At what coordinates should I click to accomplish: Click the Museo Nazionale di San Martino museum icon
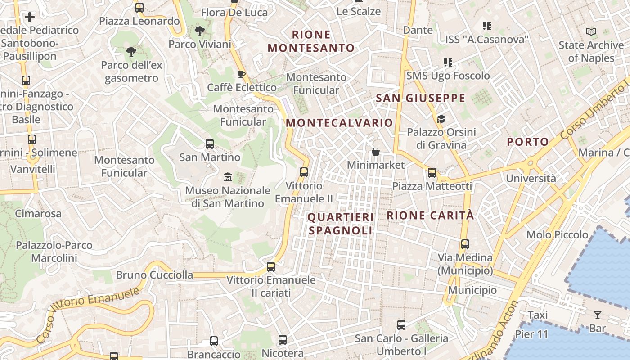(227, 177)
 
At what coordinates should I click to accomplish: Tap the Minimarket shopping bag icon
(376, 152)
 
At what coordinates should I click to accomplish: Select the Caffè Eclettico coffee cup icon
(242, 74)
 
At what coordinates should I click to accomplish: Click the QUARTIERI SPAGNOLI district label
(341, 224)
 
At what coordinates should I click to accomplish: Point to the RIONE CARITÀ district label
(430, 216)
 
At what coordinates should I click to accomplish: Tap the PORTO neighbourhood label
(528, 142)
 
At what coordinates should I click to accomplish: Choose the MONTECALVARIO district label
(339, 123)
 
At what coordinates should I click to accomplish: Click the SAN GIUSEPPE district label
(420, 98)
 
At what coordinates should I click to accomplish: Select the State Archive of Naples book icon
(591, 32)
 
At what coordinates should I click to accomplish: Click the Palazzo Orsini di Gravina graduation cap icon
(441, 119)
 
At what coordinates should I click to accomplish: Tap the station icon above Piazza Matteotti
(432, 172)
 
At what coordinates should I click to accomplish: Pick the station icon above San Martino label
(210, 144)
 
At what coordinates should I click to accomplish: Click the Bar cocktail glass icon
(598, 315)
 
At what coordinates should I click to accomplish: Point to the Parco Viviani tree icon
(199, 31)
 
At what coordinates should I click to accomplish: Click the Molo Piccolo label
(557, 234)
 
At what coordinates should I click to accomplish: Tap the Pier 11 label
(531, 334)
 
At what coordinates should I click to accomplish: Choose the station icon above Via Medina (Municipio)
(465, 244)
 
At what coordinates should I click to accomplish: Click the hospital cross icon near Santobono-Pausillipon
(30, 17)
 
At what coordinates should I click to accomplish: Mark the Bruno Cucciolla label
(154, 275)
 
